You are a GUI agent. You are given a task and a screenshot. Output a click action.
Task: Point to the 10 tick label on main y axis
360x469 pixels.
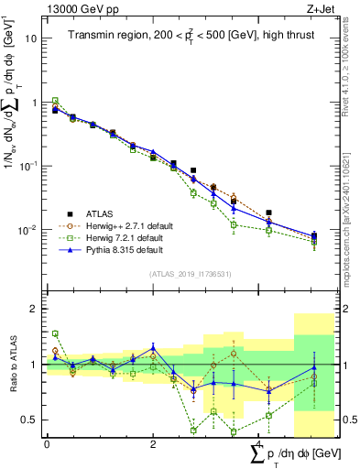coord(30,39)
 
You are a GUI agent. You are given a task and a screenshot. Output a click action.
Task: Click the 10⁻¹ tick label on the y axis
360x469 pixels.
coord(28,166)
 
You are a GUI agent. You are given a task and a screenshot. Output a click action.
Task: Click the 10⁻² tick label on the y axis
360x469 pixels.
coord(28,230)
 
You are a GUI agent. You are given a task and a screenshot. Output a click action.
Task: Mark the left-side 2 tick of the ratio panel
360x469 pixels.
coord(34,309)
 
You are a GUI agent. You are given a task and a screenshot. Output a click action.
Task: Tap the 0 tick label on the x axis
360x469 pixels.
coord(47,444)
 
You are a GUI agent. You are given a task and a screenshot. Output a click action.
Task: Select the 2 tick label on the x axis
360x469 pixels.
coord(153,444)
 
